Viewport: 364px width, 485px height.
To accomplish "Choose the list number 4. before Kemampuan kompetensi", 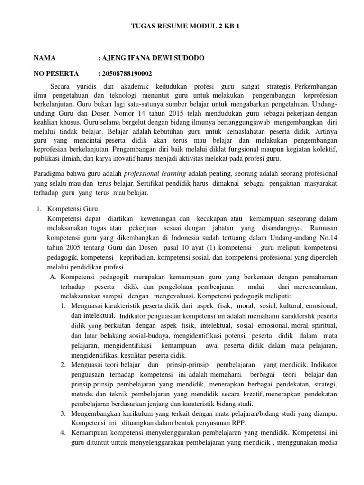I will [x=63, y=433].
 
